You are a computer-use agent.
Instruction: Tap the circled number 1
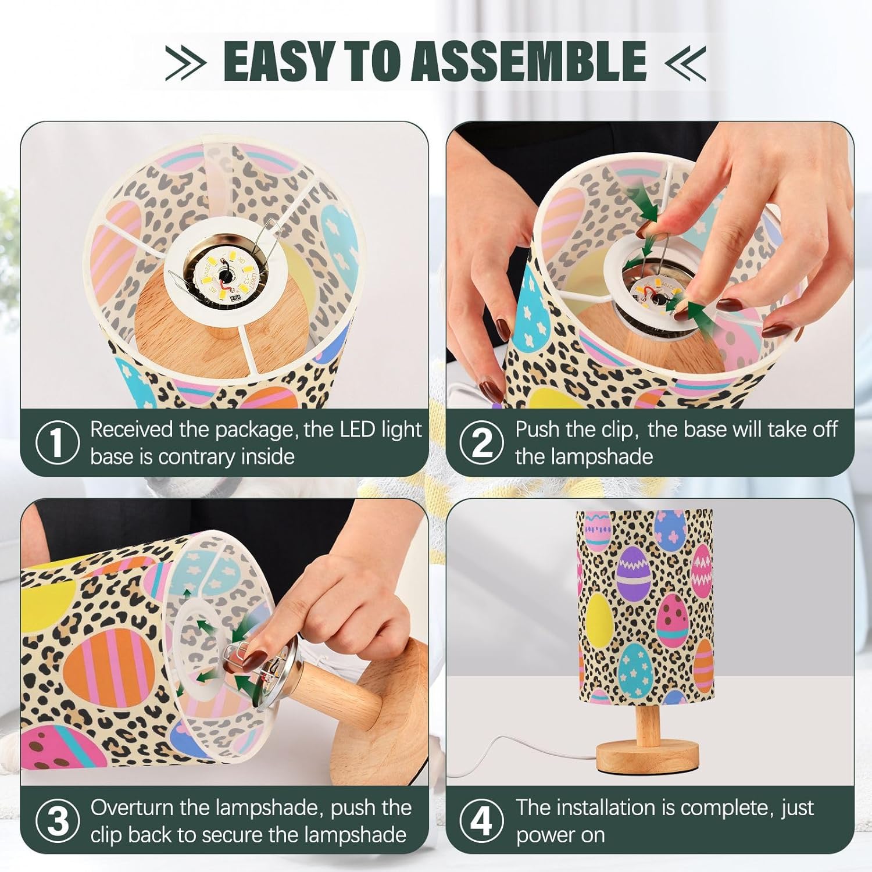coord(57,443)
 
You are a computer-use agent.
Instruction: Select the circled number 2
coord(481,443)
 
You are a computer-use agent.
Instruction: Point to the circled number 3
coord(57,821)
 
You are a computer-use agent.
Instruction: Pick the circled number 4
coord(481,821)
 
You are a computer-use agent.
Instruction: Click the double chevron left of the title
coord(185,62)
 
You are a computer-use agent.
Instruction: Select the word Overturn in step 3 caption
coord(132,807)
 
